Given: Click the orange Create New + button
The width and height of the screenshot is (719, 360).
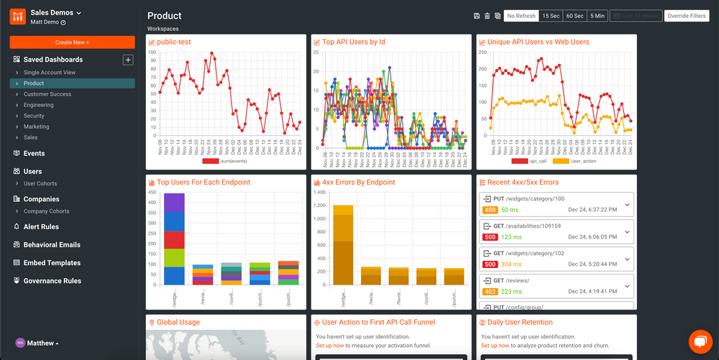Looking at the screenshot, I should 72,42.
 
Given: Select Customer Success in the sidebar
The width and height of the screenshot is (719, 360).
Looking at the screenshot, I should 47,94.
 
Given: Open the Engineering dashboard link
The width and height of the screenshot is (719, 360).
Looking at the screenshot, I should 38,105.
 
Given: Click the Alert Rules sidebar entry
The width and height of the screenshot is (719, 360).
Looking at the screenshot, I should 41,226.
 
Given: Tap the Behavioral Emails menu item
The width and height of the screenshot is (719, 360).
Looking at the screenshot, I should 52,245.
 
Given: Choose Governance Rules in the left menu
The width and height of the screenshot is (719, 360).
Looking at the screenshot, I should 52,281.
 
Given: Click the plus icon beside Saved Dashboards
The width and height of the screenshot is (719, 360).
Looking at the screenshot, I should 128,60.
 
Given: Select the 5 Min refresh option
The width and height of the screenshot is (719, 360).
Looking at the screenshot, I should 597,16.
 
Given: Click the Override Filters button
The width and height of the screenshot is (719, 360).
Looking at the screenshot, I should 686,16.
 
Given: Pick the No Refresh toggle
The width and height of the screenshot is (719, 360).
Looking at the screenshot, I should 521,16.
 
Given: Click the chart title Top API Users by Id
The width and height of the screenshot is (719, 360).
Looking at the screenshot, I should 353,42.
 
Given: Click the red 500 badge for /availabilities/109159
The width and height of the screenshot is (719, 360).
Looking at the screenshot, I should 490,236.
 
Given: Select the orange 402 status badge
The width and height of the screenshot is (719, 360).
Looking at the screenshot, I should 490,292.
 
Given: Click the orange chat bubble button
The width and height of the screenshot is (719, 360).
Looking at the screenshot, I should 700,341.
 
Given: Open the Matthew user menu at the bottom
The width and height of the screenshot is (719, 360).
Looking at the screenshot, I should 42,343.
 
